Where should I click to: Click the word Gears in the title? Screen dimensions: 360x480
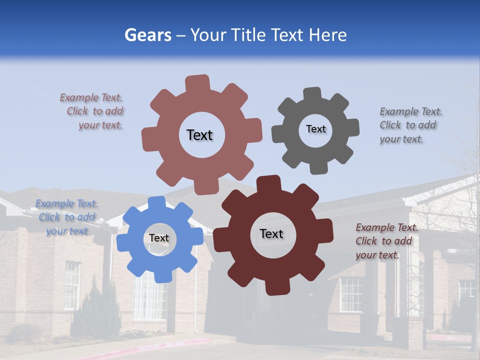click(x=147, y=35)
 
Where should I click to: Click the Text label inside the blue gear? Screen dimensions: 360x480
click(x=159, y=238)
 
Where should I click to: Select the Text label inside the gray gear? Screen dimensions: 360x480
click(x=316, y=129)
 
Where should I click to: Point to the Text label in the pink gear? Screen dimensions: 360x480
click(x=199, y=135)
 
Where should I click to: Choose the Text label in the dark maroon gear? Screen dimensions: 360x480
click(x=271, y=233)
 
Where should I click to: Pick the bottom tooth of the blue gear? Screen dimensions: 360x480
click(x=161, y=275)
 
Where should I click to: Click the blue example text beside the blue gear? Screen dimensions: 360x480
click(x=66, y=217)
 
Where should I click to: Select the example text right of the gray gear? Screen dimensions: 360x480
click(x=408, y=125)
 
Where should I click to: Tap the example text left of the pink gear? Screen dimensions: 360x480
click(x=93, y=111)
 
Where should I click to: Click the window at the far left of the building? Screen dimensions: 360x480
click(x=71, y=285)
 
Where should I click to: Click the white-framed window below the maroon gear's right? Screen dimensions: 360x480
click(x=351, y=294)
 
